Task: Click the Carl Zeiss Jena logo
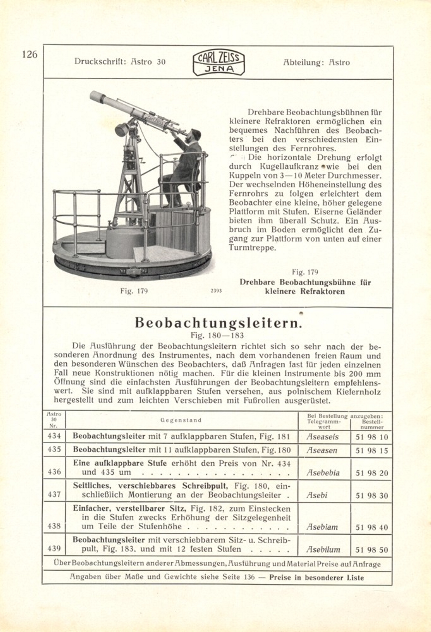pyautogui.click(x=219, y=64)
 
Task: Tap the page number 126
pyautogui.click(x=30, y=54)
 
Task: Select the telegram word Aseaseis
pyautogui.click(x=322, y=437)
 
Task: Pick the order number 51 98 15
pyautogui.click(x=372, y=451)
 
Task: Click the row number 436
pyautogui.click(x=54, y=472)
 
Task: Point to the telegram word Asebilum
pyautogui.click(x=323, y=550)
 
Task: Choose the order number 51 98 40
pyautogui.click(x=372, y=527)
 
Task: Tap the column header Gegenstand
pyautogui.click(x=181, y=420)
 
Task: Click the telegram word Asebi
pyautogui.click(x=317, y=495)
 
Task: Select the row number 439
pyautogui.click(x=54, y=549)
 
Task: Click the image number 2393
pyautogui.click(x=216, y=291)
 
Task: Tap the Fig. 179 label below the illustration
pyautogui.click(x=134, y=291)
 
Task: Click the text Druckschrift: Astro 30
pyautogui.click(x=120, y=62)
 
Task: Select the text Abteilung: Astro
pyautogui.click(x=316, y=63)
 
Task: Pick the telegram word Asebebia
pyautogui.click(x=323, y=473)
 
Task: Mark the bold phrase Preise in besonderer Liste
pyautogui.click(x=316, y=578)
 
